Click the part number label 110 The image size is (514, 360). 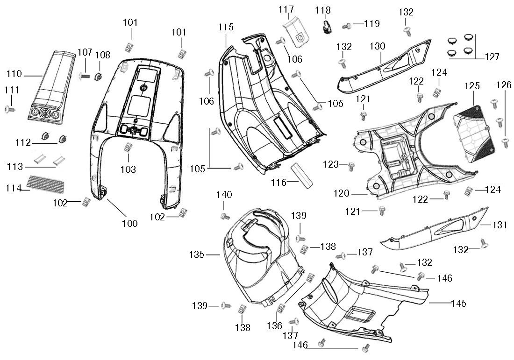coord(14,74)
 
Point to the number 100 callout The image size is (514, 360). coord(129,224)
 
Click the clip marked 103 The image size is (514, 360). coord(127,148)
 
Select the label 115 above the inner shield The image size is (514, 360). coord(226,28)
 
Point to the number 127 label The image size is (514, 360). coord(492,57)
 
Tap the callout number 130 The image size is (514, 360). coord(377,46)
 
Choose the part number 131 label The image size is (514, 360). coord(500,225)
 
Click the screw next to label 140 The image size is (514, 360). coord(225,216)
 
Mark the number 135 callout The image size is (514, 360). coord(197,254)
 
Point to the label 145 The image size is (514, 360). coord(458,303)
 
